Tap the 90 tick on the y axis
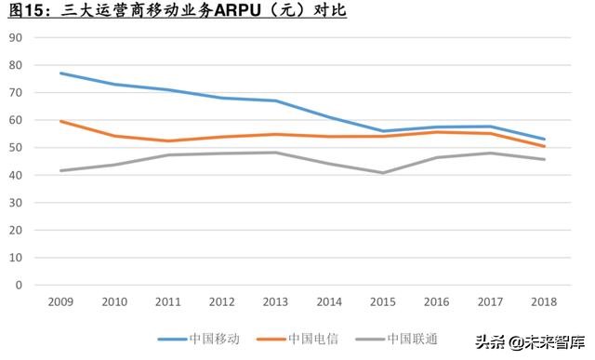click(16, 38)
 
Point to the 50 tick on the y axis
click(16, 148)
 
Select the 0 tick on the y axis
click(19, 285)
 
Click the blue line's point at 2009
click(60, 73)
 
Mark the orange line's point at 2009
click(60, 121)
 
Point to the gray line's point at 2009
click(60, 170)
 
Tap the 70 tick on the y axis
click(16, 93)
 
